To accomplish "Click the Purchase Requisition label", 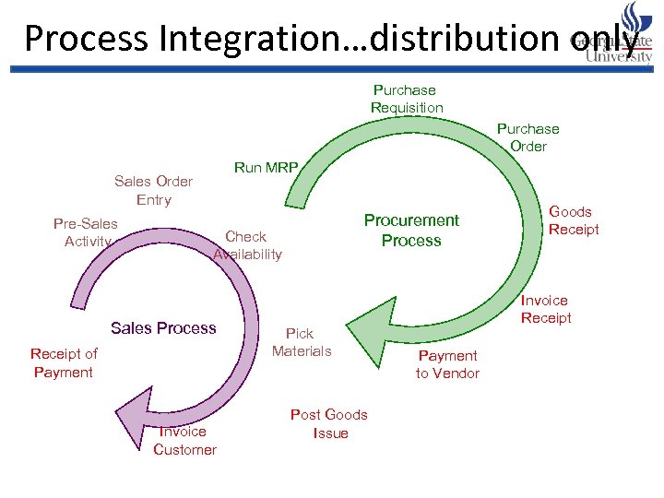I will tap(407, 99).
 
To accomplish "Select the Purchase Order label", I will tap(528, 137).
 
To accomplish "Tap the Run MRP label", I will tap(266, 167).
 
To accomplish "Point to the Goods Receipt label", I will tap(573, 220).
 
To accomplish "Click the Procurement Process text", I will tap(411, 231).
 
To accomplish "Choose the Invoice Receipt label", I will tap(545, 309).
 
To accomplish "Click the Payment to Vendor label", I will tap(447, 364).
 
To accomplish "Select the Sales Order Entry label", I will tap(153, 190).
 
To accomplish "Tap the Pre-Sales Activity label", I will tap(86, 232).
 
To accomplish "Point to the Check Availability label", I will tap(247, 245).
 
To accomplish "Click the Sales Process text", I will tap(163, 328).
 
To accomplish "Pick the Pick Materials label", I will tap(301, 342).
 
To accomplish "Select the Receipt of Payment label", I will tap(64, 362).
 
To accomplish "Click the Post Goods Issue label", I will tap(329, 423).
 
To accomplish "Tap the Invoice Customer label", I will tap(184, 440).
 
